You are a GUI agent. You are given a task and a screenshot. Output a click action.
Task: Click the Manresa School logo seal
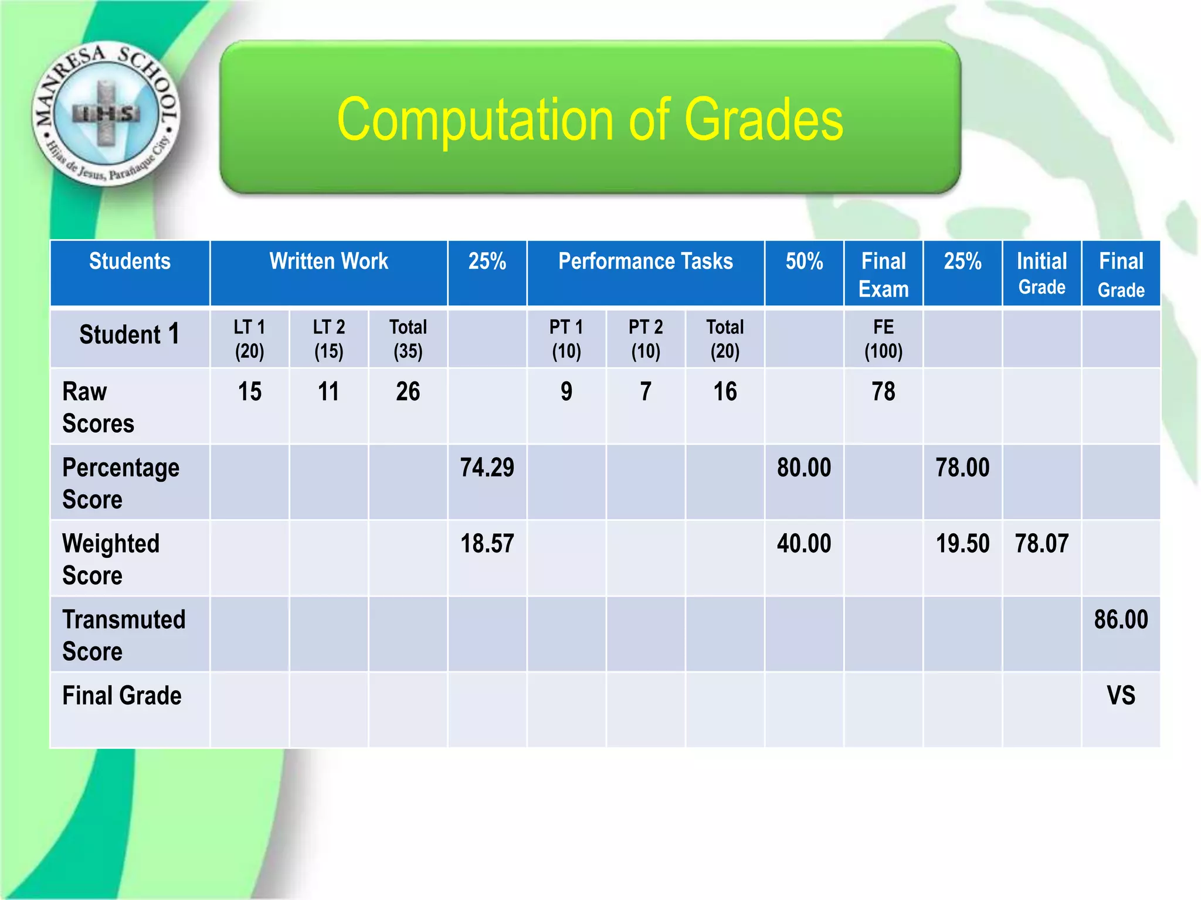coord(106,114)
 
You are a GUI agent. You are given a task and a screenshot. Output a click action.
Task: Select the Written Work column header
coord(328,261)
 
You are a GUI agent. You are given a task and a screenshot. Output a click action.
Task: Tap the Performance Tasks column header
coord(645,261)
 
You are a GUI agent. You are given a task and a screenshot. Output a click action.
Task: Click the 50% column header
coord(804,261)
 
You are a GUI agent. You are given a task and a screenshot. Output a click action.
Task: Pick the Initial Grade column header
coord(1041,273)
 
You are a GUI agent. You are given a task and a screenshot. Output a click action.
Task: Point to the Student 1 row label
coord(129,335)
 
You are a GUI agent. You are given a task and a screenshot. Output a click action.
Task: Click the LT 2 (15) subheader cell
coord(328,339)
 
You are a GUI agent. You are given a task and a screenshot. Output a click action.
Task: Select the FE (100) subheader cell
coord(883,339)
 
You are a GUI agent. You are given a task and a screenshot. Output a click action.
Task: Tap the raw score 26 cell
coord(408,391)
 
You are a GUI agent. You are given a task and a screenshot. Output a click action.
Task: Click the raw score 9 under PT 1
coord(566,391)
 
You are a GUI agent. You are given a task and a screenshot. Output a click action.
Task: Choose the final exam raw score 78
coord(883,391)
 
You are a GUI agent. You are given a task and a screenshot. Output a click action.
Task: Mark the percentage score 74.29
coord(487,468)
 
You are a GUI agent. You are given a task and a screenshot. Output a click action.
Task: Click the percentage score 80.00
coord(804,468)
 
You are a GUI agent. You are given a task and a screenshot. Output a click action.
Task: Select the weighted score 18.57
coord(487,544)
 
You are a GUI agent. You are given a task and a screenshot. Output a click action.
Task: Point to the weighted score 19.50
coord(962,544)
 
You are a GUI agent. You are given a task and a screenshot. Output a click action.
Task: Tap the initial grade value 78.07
coord(1041,544)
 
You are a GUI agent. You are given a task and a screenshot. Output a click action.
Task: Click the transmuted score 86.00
coord(1121,620)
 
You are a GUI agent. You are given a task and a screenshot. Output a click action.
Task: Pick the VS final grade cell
coord(1121,696)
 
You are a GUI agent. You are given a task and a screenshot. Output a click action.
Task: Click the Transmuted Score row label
coord(124,635)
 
